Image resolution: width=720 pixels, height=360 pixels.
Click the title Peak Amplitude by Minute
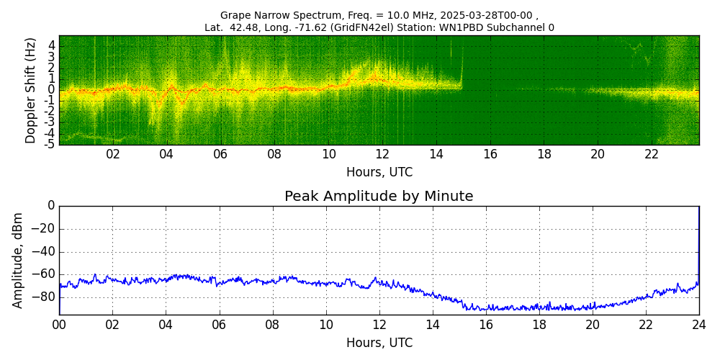coord(379,197)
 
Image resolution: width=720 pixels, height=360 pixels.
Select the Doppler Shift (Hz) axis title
coord(30,90)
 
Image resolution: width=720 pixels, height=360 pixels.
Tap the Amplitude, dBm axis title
coord(19,260)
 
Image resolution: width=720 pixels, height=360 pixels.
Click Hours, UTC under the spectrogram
coord(379,173)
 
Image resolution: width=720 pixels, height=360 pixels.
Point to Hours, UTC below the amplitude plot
coord(379,343)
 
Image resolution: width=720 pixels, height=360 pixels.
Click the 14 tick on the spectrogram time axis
coord(436,154)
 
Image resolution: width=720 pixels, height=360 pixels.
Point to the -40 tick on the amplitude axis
coord(44,252)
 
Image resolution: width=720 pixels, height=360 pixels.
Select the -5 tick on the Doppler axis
coord(50,144)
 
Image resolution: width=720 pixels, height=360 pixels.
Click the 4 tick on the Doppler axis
coord(52,45)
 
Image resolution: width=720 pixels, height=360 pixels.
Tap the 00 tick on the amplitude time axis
coord(59,324)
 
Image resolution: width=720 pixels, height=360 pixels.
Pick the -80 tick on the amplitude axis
coord(44,297)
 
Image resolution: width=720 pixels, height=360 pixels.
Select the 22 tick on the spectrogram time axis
coord(652,154)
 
